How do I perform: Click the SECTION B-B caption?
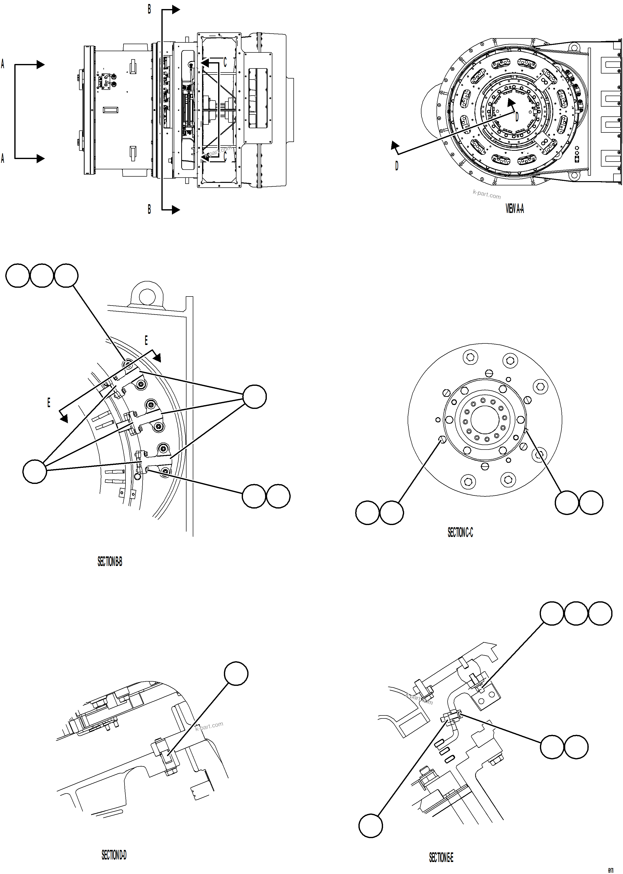tap(110, 562)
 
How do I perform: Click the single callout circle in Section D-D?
tap(236, 673)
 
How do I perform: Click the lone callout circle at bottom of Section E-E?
tap(370, 826)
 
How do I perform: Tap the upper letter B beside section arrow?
tap(149, 9)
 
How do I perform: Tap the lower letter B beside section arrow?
tap(149, 209)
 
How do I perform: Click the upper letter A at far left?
tap(3, 64)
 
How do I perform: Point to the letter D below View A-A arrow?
tap(397, 166)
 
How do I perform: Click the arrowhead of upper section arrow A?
tap(41, 65)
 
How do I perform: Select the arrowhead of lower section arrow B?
tap(176, 210)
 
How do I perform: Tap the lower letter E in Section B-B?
tap(49, 402)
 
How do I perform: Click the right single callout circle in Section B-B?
tap(255, 396)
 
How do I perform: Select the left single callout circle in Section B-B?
tap(35, 472)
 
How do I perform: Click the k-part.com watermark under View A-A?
tap(486, 195)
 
